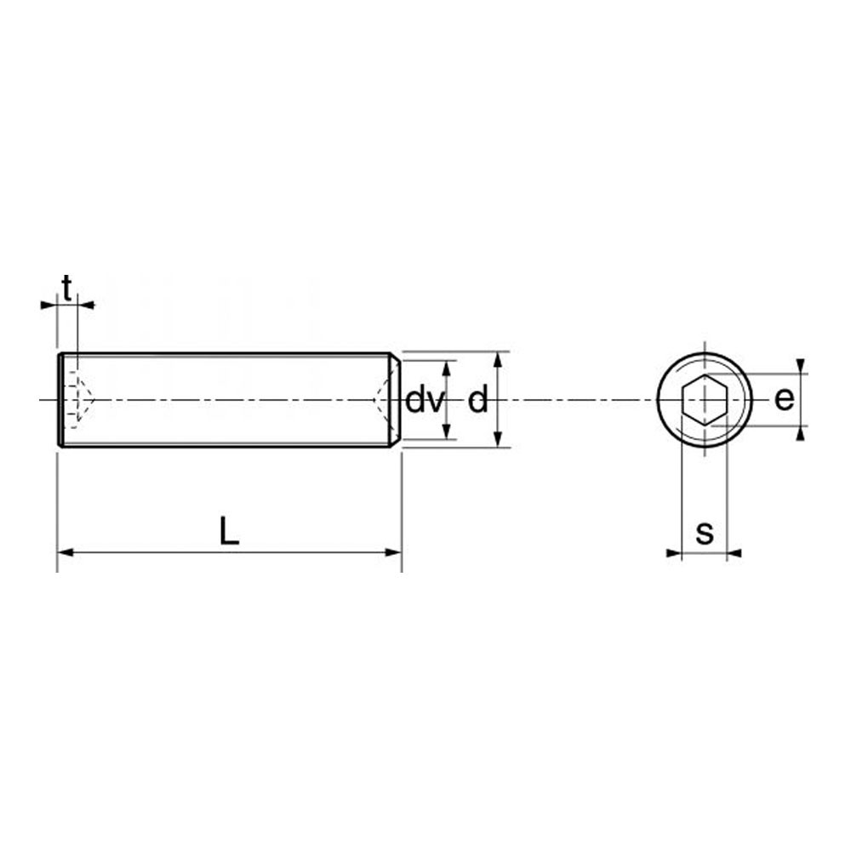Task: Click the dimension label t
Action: pos(66,288)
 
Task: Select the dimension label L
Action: pos(229,531)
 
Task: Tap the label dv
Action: pos(425,401)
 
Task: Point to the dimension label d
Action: pos(477,401)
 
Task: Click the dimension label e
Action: pos(785,399)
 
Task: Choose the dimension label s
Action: pos(705,533)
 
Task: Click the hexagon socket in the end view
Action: pos(705,400)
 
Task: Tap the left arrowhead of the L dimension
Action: pos(66,552)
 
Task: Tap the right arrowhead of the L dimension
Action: pos(393,552)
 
